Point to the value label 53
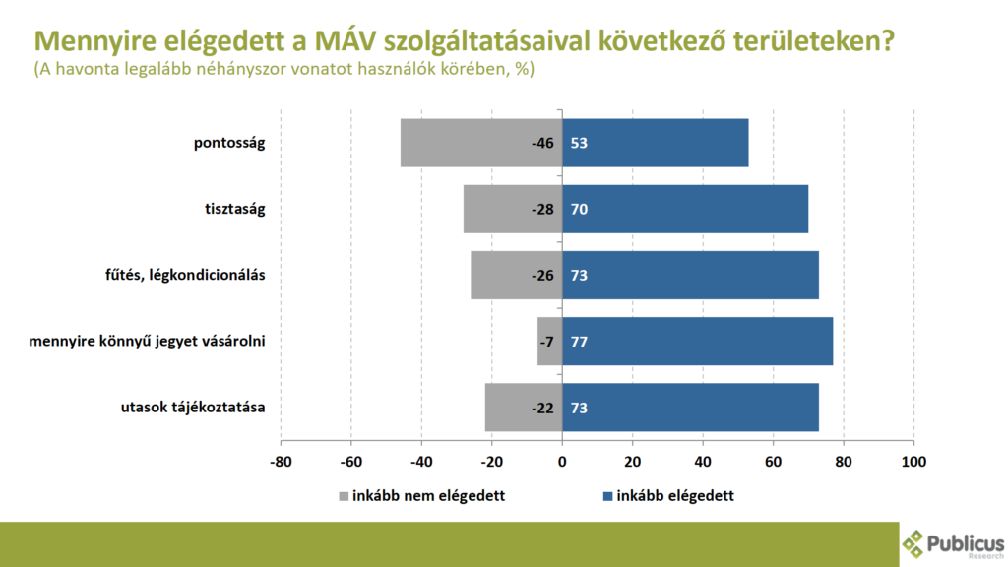click(x=579, y=143)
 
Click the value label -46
click(x=542, y=143)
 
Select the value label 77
click(x=579, y=341)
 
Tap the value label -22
click(x=542, y=407)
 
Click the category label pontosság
click(x=229, y=143)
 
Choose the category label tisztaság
click(x=235, y=209)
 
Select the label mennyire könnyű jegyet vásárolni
click(x=148, y=341)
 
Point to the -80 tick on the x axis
click(x=281, y=461)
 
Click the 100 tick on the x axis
click(x=914, y=461)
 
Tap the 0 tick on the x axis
click(x=562, y=461)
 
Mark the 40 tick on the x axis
click(x=703, y=461)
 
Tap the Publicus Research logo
click(x=953, y=543)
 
